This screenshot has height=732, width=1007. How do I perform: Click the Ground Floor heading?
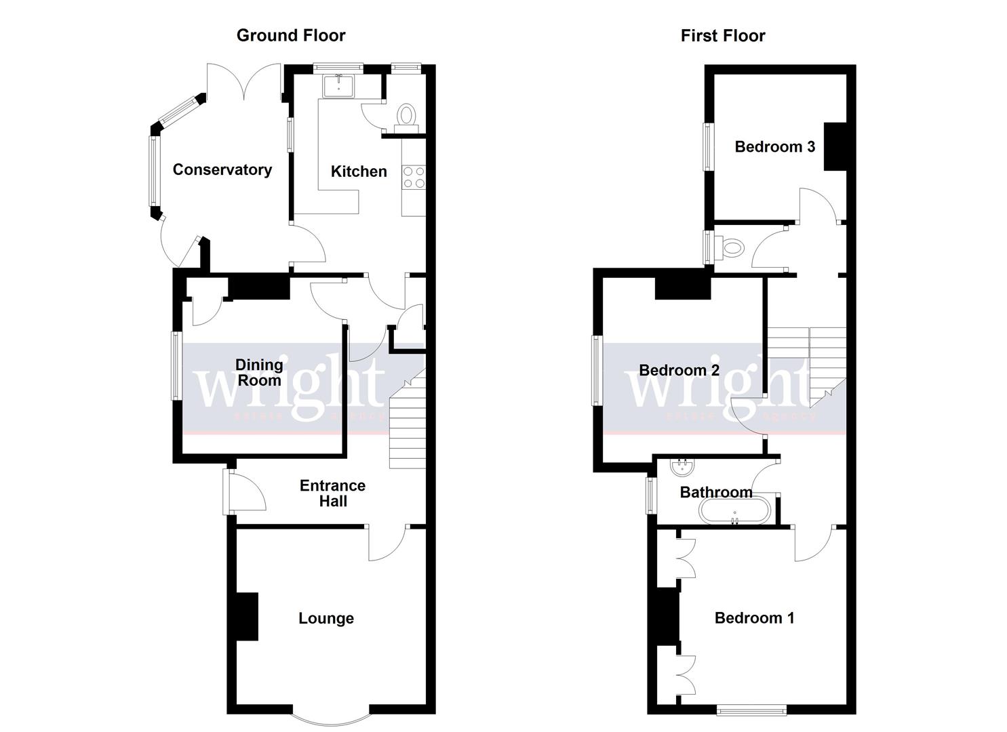pyautogui.click(x=290, y=35)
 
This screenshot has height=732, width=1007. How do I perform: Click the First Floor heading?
pyautogui.click(x=722, y=35)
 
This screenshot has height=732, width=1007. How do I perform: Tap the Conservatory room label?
pyautogui.click(x=222, y=169)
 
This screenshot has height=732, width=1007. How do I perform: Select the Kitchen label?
pyautogui.click(x=358, y=171)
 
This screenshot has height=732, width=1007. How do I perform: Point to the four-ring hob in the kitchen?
pyautogui.click(x=414, y=178)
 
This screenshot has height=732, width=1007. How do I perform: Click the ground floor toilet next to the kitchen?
pyautogui.click(x=406, y=116)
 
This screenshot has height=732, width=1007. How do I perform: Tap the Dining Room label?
pyautogui.click(x=258, y=372)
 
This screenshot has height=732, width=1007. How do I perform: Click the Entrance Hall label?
pyautogui.click(x=332, y=493)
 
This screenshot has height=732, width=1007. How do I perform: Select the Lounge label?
pyautogui.click(x=325, y=618)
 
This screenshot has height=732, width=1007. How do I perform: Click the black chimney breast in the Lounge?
pyautogui.click(x=248, y=617)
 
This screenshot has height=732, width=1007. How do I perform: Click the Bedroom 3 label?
pyautogui.click(x=774, y=146)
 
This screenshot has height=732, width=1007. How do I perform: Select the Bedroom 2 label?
pyautogui.click(x=679, y=370)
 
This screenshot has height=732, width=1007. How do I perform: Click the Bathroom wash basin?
pyautogui.click(x=680, y=467)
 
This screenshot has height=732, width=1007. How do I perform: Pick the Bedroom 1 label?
pyautogui.click(x=754, y=617)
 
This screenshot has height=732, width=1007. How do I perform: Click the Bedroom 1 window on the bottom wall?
pyautogui.click(x=751, y=710)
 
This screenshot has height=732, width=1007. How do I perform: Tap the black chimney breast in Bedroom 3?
pyautogui.click(x=835, y=146)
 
